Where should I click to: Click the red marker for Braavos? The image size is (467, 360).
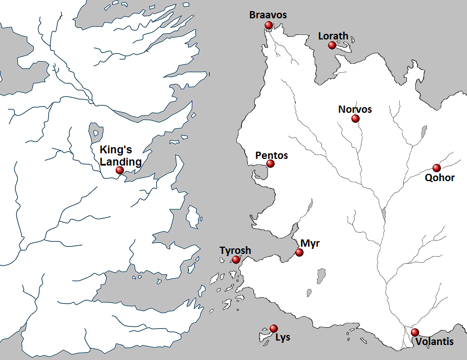[x=269, y=25]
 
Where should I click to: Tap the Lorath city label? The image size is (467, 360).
[x=333, y=36]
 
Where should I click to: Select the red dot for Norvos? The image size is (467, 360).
[x=355, y=118]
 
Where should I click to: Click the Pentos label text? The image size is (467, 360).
[x=271, y=156]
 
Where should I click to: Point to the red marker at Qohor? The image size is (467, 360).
[x=436, y=168]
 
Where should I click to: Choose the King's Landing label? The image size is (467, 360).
[x=121, y=156]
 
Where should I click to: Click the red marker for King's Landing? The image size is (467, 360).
[x=120, y=171]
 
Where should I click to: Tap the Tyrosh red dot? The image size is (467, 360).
[x=236, y=259]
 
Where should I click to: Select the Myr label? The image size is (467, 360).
[x=310, y=243]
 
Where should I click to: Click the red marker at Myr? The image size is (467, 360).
[x=299, y=252]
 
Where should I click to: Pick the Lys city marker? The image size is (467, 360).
[x=273, y=328]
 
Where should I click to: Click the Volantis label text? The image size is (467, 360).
[x=434, y=342]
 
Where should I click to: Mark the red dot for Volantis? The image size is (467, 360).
[x=415, y=332]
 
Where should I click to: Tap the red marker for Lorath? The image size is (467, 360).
[x=332, y=45]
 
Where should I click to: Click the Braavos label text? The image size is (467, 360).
[x=268, y=15]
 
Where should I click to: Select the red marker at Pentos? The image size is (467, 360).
[x=270, y=163]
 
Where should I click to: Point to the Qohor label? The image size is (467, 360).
[x=439, y=178]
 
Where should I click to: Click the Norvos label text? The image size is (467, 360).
[x=355, y=109]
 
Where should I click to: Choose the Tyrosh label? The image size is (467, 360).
[x=235, y=251]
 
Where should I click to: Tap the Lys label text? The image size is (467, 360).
[x=282, y=337]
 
